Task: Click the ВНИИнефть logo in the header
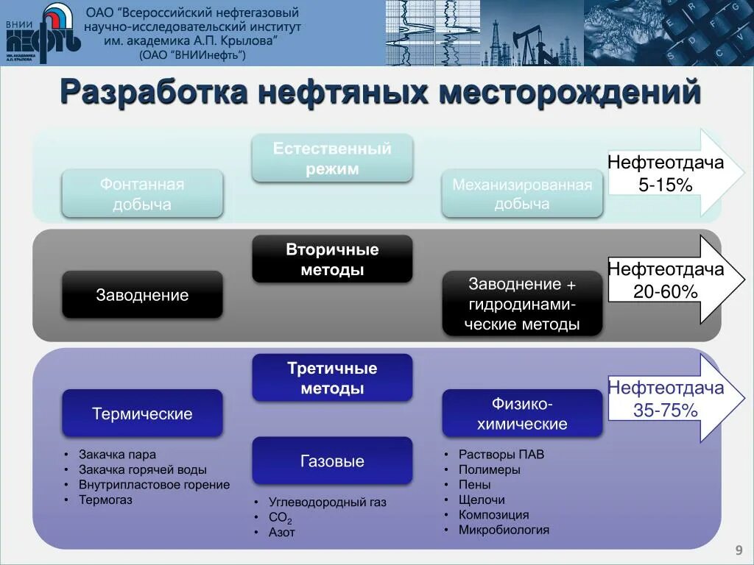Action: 42,33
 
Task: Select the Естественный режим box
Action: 332,158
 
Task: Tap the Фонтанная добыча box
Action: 142,193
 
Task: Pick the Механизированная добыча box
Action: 522,193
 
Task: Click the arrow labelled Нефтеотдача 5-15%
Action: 666,174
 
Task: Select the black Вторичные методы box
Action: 332,259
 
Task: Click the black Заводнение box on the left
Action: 142,295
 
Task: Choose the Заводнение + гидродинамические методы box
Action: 522,304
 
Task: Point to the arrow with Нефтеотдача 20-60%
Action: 666,280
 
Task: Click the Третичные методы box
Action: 332,378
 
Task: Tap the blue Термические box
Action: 142,413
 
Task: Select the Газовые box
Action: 332,461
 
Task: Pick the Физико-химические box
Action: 522,413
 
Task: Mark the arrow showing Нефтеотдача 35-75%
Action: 666,399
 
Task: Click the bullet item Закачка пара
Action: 119,455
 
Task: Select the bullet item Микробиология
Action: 504,530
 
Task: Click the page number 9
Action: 738,551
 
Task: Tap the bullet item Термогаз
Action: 106,500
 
